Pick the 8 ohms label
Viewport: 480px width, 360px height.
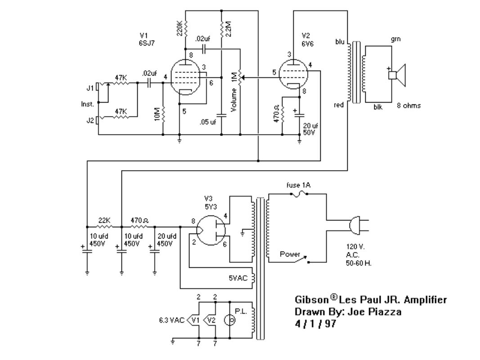coord(408,106)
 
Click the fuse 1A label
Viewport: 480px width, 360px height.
coord(298,185)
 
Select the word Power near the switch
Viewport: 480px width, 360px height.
coord(290,254)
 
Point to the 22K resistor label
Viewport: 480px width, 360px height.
coord(104,220)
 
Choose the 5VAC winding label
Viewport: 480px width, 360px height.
coord(238,278)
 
